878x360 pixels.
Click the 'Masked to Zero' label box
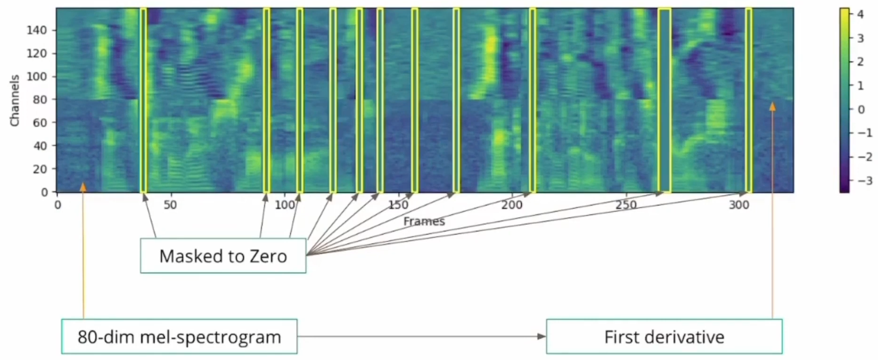coord(223,256)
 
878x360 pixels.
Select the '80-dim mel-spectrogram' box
coord(179,336)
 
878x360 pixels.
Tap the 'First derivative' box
coord(664,336)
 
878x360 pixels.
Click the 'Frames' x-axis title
coord(424,221)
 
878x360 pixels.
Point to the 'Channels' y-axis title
coord(15,100)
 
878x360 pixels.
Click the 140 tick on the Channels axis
coord(37,30)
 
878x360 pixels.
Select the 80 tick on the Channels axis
coord(40,99)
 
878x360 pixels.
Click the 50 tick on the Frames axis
coord(170,205)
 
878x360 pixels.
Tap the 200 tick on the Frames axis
coord(511,205)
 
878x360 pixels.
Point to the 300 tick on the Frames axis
coord(739,205)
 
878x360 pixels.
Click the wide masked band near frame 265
coord(665,100)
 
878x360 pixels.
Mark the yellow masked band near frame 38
coord(143,100)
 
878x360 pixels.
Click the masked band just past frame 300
coord(748,100)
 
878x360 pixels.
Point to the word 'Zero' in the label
coord(268,256)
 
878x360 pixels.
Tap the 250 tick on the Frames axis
coord(625,205)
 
